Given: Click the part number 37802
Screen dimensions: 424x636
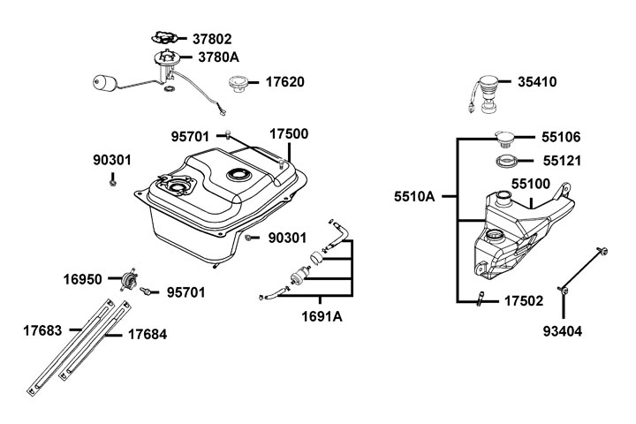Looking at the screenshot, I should point(213,39).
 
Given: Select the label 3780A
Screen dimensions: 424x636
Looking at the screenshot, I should point(218,57).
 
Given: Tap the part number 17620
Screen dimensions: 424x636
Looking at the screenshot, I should point(285,82).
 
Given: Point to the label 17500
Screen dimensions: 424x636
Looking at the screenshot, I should point(288,135).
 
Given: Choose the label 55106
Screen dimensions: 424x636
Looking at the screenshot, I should point(562,138).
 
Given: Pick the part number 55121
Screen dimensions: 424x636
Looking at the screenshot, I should point(562,163).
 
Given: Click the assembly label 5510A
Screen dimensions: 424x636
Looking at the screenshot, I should point(414,196).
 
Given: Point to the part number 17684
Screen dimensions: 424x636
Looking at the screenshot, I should point(148,335).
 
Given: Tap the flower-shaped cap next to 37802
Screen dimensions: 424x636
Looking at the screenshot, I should point(164,37).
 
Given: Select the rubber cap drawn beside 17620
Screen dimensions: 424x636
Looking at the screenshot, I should point(236,86).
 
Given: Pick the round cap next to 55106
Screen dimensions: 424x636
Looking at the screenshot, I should point(507,138).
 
